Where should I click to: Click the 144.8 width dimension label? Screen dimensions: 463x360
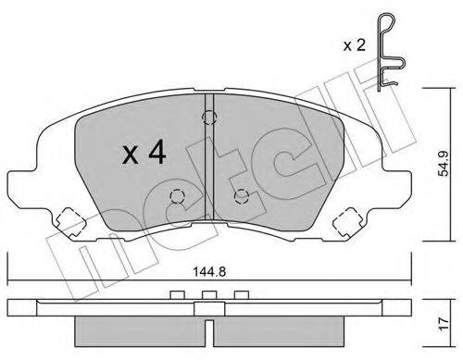coord(209,272)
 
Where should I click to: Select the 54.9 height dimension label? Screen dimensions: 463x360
coord(444,164)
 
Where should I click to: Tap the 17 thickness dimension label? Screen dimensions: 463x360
coord(444,324)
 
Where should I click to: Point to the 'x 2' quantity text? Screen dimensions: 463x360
coord(355,45)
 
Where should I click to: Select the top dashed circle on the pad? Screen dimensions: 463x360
coord(209,118)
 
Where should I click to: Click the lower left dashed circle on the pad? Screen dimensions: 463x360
coord(177,196)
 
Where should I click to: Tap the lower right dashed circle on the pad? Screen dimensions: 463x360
coord(242,196)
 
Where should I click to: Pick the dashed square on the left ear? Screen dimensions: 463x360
coord(71,222)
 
